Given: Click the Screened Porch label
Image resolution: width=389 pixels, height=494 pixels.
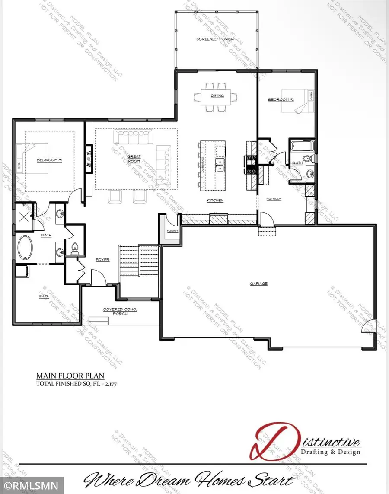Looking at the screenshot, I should click(x=215, y=39).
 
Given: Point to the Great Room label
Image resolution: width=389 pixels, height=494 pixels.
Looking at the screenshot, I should click(x=134, y=159).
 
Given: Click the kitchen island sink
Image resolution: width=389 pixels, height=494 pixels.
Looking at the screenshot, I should click(x=220, y=164).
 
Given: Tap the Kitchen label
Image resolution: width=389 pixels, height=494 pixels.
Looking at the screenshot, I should click(x=214, y=201).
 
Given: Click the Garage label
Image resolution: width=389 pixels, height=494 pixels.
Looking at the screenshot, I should click(x=258, y=284).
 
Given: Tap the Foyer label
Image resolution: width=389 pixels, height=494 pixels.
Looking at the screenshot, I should click(x=102, y=260).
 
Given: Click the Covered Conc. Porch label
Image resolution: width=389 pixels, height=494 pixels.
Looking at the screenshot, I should click(x=115, y=311).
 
